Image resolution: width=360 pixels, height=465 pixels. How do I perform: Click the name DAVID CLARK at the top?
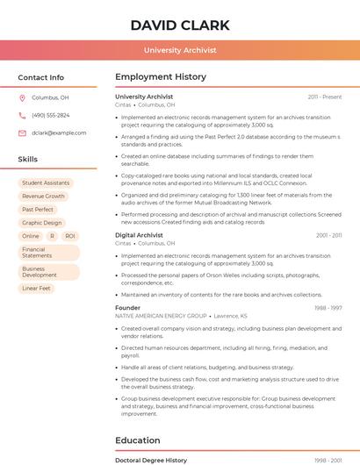(180, 25)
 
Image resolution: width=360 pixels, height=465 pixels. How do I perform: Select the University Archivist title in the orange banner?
(180, 50)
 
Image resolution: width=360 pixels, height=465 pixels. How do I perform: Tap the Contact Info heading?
(40, 77)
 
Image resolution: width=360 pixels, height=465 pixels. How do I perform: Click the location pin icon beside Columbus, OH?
(22, 97)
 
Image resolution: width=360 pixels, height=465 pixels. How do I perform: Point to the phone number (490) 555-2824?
(50, 115)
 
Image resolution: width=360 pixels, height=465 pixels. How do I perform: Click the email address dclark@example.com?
(59, 132)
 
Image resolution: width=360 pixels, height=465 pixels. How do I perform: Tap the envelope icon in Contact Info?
(22, 132)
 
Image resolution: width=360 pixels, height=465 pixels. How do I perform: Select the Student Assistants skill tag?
(46, 182)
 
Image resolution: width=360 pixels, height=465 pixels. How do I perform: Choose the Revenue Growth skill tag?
(43, 197)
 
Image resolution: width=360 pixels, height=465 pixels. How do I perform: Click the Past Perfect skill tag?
(38, 210)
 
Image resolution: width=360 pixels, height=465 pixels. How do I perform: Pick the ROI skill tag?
(70, 236)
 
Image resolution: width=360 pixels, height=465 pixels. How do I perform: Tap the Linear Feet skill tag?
(37, 288)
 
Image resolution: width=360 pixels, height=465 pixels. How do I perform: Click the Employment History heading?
(161, 77)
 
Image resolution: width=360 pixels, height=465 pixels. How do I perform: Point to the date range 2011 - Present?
(325, 97)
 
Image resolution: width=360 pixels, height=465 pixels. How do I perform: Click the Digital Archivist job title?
(139, 235)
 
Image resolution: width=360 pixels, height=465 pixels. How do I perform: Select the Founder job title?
(127, 308)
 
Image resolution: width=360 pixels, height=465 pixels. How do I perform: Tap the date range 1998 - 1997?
(328, 308)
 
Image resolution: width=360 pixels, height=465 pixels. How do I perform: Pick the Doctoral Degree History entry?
(151, 460)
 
